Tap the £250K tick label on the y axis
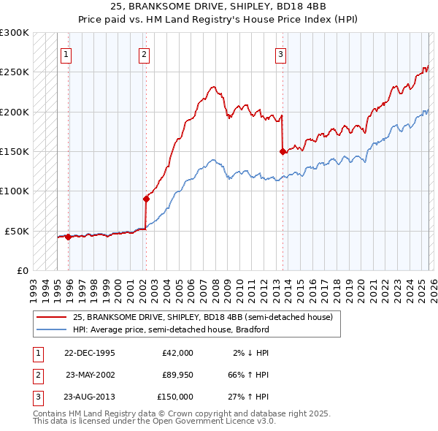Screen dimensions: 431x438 pos(15,72)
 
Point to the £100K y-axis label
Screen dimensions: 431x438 pos(15,191)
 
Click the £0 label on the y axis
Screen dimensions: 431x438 pos(22,270)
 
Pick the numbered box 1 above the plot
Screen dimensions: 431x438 pos(66,53)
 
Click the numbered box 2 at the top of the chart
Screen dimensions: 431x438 pos(145,53)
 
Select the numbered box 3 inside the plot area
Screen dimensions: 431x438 pos(280,53)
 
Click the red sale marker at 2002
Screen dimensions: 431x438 pos(146,199)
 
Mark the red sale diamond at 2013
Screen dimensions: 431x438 pos(283,152)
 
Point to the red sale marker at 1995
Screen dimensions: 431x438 pos(68,237)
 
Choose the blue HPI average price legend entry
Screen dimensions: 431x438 pos(171,329)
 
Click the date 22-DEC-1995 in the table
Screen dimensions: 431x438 pos(89,353)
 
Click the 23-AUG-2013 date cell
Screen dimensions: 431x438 pos(89,397)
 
